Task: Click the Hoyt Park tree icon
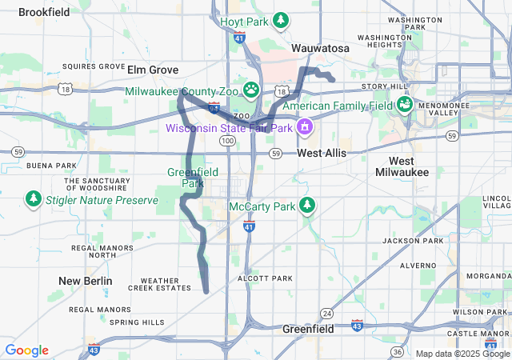[x=281, y=20]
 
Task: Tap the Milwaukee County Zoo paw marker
[x=251, y=90]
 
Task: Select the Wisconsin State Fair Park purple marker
[x=304, y=126]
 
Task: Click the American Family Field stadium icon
[x=404, y=104]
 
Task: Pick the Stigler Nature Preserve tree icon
[x=33, y=198]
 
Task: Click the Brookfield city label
[x=44, y=12]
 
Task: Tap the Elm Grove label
[x=153, y=70]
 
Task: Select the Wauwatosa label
[x=320, y=48]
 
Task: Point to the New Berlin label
[x=86, y=281]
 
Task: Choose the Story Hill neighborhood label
[x=385, y=86]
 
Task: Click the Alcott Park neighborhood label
[x=266, y=278]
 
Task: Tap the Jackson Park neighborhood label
[x=413, y=240]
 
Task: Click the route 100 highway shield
[x=227, y=141]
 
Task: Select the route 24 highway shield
[x=326, y=312]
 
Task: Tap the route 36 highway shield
[x=397, y=351]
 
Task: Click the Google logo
[x=26, y=350]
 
